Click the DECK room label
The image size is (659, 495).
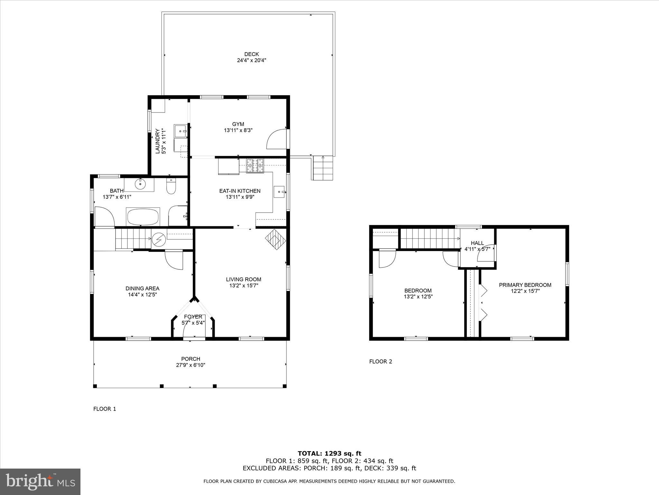pos(251,54)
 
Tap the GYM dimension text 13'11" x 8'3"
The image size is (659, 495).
pos(238,130)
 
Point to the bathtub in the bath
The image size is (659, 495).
pos(143,217)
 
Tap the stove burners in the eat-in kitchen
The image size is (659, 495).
pos(255,166)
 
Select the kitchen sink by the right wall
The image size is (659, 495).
pos(279,192)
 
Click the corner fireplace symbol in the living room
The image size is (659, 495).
pos(275,239)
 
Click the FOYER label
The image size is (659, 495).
pos(193,317)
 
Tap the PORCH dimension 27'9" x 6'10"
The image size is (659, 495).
pos(190,365)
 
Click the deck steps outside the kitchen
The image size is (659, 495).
pos(323,168)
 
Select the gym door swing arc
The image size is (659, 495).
pos(276,139)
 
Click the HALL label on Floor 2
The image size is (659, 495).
pos(477,243)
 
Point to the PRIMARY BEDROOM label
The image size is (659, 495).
pos(525,285)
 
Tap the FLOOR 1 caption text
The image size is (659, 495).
pos(105,409)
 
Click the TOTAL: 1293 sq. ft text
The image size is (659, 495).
pos(329,454)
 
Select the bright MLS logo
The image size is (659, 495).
pos(40,482)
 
